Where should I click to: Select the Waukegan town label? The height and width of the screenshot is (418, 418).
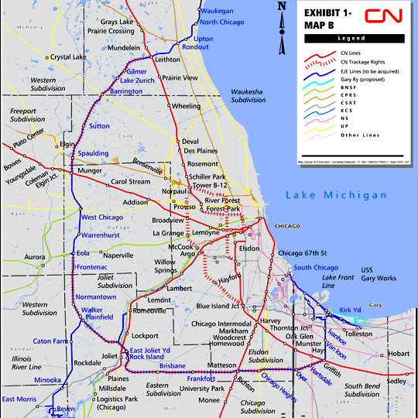point(218,11)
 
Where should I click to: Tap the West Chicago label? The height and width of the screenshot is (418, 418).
point(102,218)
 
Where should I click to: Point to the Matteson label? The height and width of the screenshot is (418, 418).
point(221,365)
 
